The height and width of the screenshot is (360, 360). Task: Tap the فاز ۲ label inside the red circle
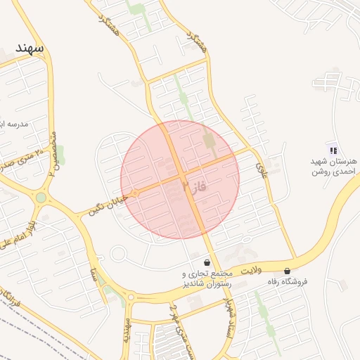195,187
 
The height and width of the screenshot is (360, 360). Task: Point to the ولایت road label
251,270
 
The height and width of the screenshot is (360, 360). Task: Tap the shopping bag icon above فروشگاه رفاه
287,271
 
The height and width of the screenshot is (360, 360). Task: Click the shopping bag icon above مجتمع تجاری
205,262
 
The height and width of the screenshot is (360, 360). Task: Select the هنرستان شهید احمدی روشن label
334,166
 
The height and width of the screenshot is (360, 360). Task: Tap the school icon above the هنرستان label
333,150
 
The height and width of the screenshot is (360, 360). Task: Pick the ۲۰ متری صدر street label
28,155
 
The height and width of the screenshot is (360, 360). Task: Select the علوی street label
262,167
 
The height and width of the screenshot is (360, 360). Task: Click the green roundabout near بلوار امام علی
41,198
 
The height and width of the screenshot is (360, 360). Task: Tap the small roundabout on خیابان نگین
134,193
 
